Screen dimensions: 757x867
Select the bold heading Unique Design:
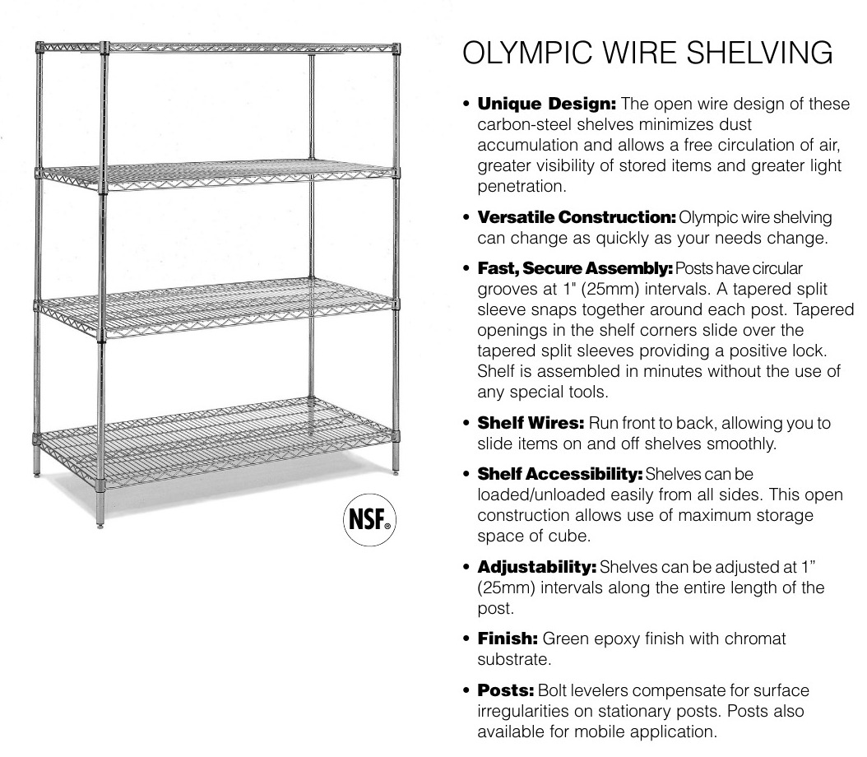pyautogui.click(x=547, y=104)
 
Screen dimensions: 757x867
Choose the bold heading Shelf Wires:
pyautogui.click(x=531, y=423)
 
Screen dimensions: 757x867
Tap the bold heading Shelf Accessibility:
pyautogui.click(x=561, y=475)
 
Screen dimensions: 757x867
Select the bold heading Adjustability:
pyautogui.click(x=538, y=567)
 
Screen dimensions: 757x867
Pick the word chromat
pyautogui.click(x=753, y=639)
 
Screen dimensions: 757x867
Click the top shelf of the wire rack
pyautogui.click(x=247, y=48)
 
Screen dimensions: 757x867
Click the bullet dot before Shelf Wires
pyautogui.click(x=467, y=424)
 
